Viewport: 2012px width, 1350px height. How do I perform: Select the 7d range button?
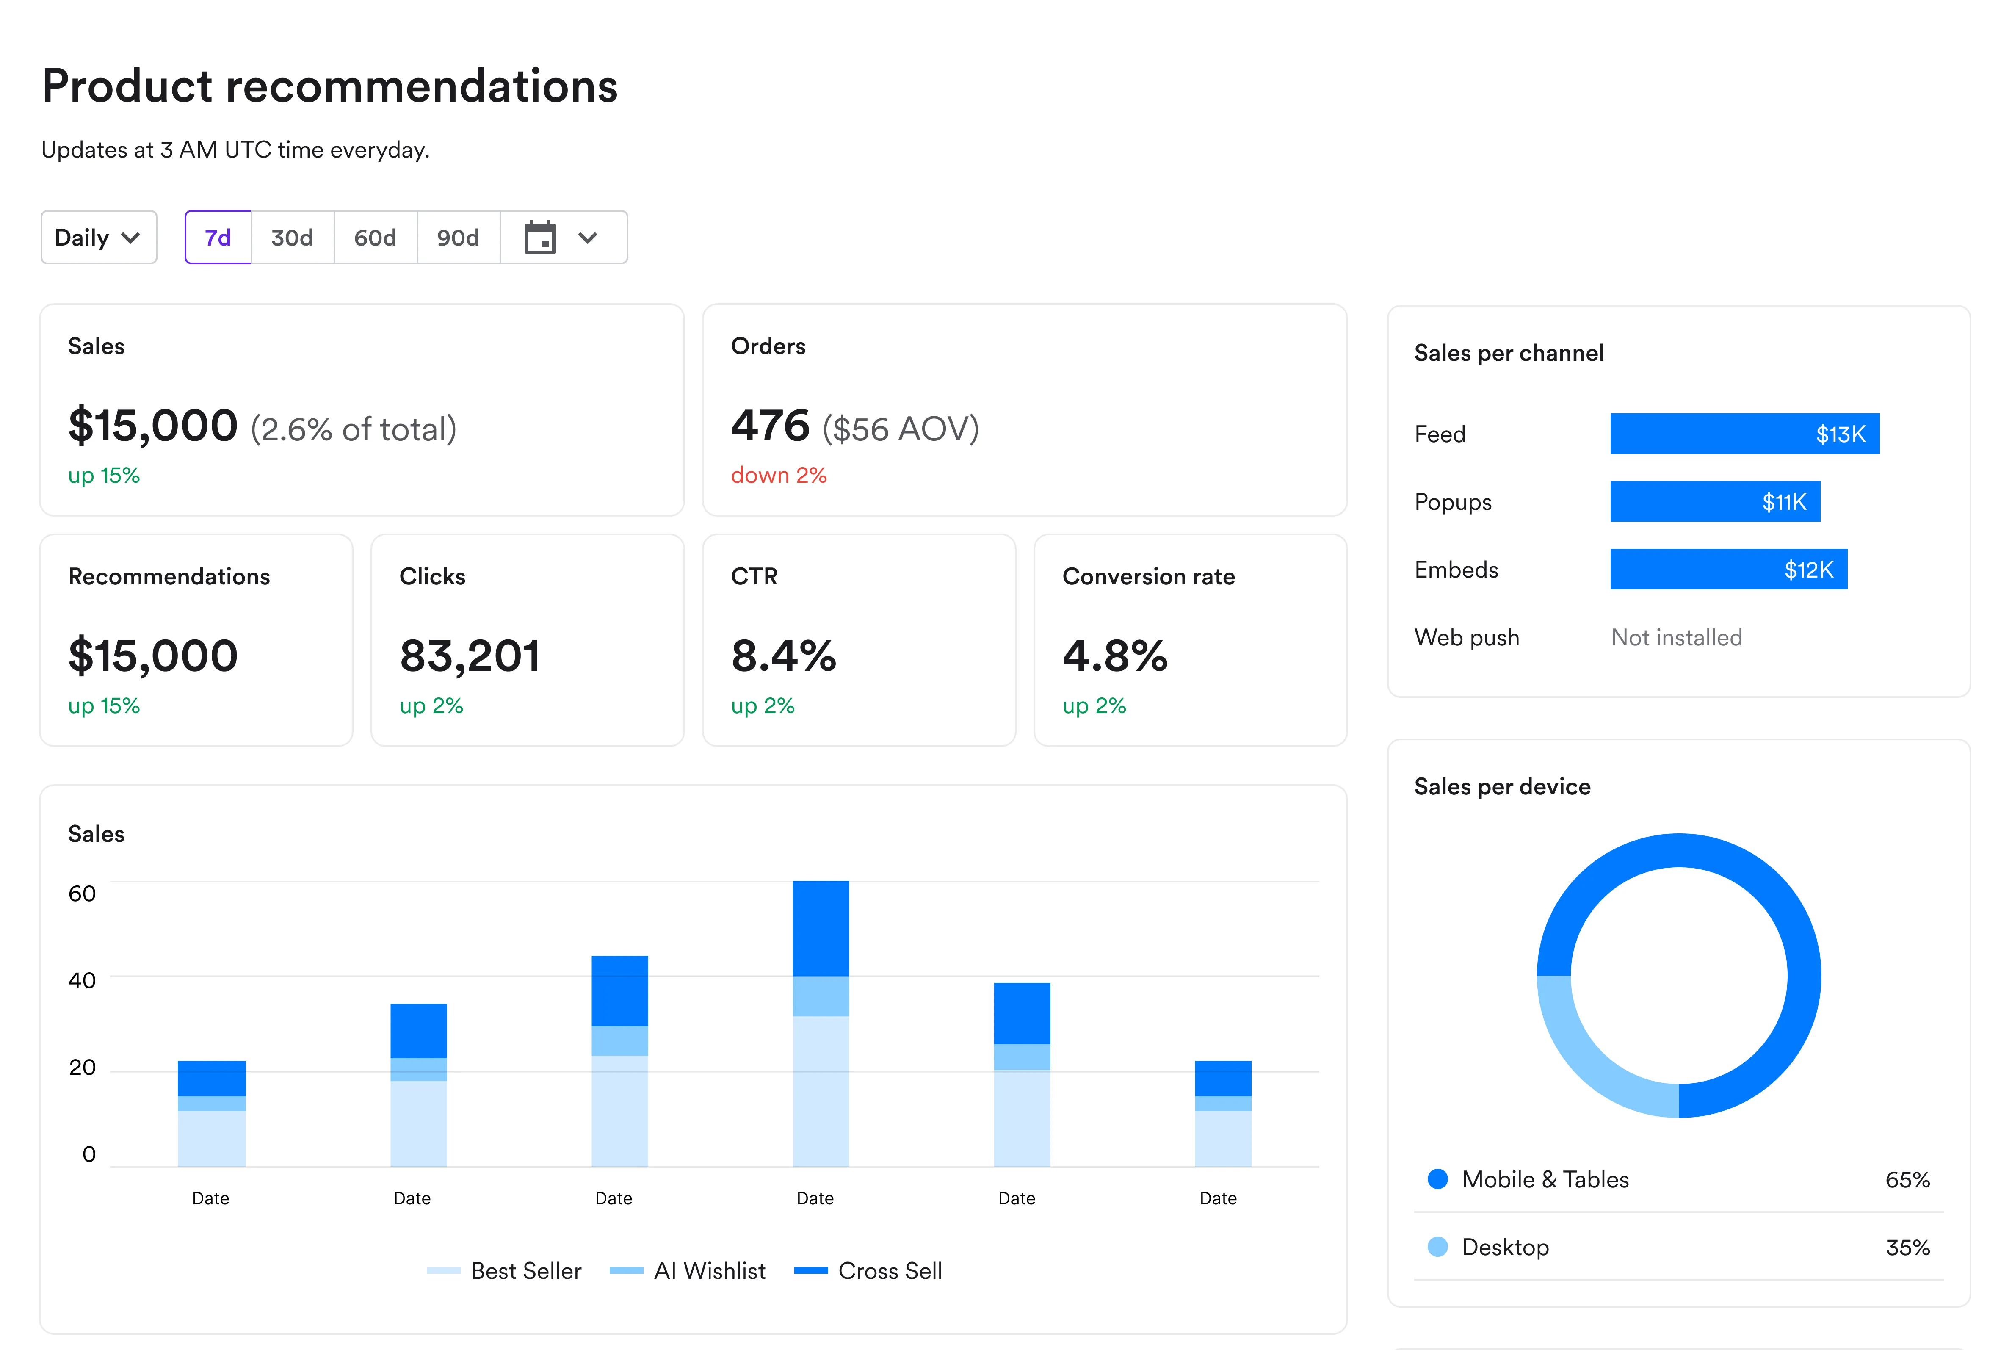tap(218, 238)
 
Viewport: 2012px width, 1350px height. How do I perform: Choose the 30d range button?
tap(292, 238)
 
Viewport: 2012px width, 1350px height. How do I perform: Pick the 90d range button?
tap(458, 238)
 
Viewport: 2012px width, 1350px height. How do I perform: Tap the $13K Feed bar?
tap(1744, 434)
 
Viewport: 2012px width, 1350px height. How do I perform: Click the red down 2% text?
tap(778, 475)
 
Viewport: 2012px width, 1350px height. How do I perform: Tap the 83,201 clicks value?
tap(470, 656)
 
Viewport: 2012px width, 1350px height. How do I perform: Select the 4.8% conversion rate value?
tap(1115, 656)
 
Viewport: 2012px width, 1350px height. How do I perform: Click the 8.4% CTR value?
tap(783, 656)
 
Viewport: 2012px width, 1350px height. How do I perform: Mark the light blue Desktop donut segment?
tap(1584, 1059)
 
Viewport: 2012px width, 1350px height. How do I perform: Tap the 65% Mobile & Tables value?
tap(1907, 1179)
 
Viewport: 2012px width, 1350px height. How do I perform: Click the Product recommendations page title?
tap(330, 86)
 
